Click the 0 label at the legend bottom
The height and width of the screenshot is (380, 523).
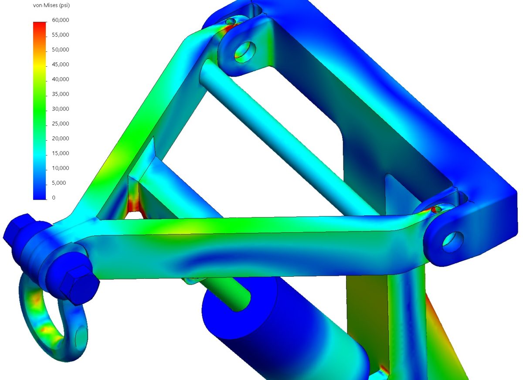click(x=54, y=198)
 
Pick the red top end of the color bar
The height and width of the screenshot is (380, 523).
click(x=39, y=25)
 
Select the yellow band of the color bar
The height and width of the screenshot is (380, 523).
click(x=39, y=65)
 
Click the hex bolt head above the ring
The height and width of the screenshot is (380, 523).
click(x=78, y=283)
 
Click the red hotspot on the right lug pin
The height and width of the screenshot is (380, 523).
click(x=435, y=210)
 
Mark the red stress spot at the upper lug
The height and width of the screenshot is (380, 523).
click(x=229, y=28)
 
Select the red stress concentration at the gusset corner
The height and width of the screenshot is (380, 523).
click(x=132, y=203)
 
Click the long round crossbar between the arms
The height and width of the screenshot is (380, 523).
click(x=288, y=139)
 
